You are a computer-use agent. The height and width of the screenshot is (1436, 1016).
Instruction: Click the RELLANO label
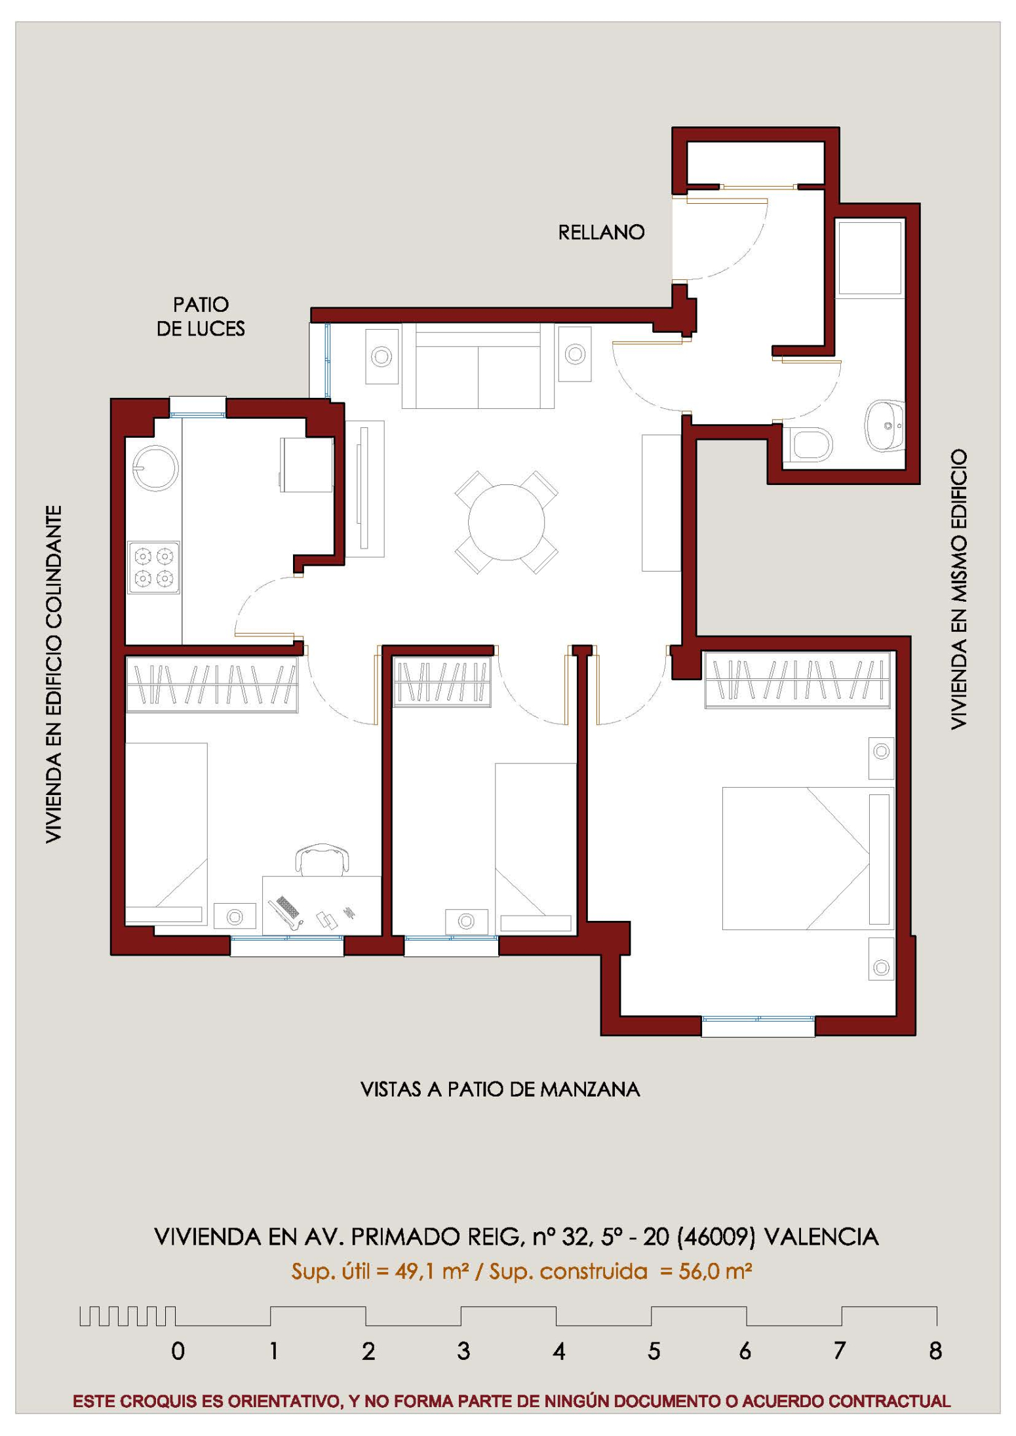(x=601, y=232)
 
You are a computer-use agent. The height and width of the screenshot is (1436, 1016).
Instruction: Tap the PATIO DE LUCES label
(x=201, y=316)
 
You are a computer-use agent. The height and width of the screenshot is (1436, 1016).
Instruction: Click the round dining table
(x=506, y=522)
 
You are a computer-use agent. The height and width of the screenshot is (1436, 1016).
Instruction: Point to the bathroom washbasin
(x=885, y=425)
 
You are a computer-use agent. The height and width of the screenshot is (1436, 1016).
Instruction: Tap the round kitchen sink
(x=155, y=468)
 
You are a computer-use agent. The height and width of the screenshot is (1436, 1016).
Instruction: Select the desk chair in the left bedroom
(x=322, y=859)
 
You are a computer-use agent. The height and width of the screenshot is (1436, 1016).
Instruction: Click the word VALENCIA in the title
(x=821, y=1237)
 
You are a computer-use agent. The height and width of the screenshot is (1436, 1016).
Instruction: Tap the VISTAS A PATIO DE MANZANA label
(x=500, y=1089)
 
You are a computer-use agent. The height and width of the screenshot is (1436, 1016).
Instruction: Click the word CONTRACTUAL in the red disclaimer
(x=889, y=1401)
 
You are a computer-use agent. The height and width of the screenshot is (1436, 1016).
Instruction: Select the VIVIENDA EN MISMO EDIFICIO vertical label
(x=958, y=589)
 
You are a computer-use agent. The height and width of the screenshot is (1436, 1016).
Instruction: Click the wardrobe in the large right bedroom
(x=797, y=680)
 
